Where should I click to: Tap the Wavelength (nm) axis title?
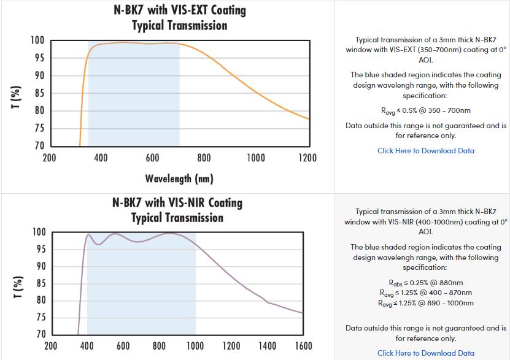click(x=179, y=178)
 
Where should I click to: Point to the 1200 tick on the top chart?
click(x=307, y=158)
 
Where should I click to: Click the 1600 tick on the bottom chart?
click(x=303, y=346)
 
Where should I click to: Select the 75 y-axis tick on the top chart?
click(x=38, y=128)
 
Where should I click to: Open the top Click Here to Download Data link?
click(x=425, y=150)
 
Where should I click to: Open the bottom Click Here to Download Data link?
click(x=425, y=353)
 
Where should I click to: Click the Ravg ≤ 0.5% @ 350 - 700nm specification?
click(x=425, y=111)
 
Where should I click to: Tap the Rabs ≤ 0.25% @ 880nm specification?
click(x=425, y=283)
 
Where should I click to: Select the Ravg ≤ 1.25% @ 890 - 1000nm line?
click(x=425, y=303)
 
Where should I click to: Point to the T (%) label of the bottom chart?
click(x=18, y=283)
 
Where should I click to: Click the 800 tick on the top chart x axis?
click(x=204, y=158)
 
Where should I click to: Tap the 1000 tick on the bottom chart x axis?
click(x=196, y=346)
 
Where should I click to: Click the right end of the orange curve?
click(x=308, y=119)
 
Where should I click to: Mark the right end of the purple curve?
click(x=303, y=313)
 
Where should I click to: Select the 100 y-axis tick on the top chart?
click(x=37, y=40)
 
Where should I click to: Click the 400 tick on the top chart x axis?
click(x=101, y=158)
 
